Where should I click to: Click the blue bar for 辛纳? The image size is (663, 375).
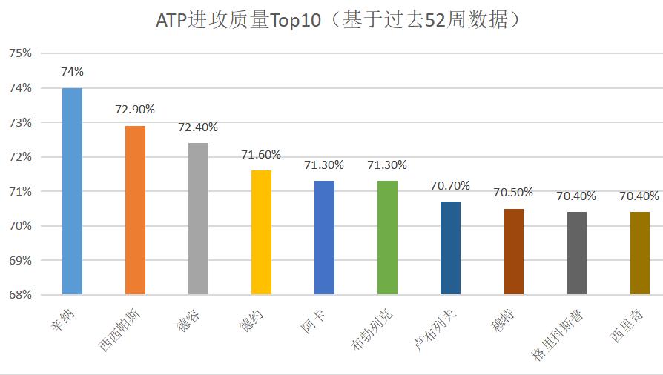pos(72,191)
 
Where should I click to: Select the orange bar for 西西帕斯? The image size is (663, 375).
pos(135,210)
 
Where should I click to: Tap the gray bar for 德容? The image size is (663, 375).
pos(198,219)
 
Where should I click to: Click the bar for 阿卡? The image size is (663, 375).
pos(324,237)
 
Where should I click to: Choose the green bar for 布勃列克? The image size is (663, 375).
pos(387,237)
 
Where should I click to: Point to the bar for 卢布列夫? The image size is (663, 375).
pos(450,248)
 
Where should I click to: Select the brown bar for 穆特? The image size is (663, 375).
pos(513,251)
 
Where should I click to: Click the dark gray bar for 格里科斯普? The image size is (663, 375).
pos(577,253)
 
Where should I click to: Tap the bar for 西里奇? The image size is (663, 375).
pos(639,253)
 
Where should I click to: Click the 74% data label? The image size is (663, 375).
pos(72,72)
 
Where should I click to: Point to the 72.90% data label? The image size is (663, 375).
pos(135,110)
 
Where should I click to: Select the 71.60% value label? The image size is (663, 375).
pos(261,154)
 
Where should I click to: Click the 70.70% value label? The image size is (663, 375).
pos(450,185)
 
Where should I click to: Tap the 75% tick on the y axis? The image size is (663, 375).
pos(20,53)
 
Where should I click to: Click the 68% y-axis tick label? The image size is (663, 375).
pos(20,295)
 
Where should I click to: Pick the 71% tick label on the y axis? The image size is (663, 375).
pos(20,191)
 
